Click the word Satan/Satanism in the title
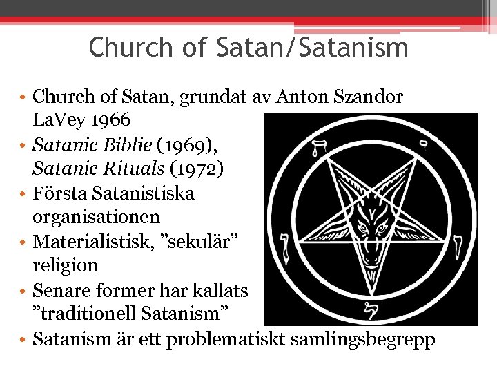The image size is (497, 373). (312, 48)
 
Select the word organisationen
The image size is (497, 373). (97, 218)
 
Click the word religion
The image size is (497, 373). (65, 265)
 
